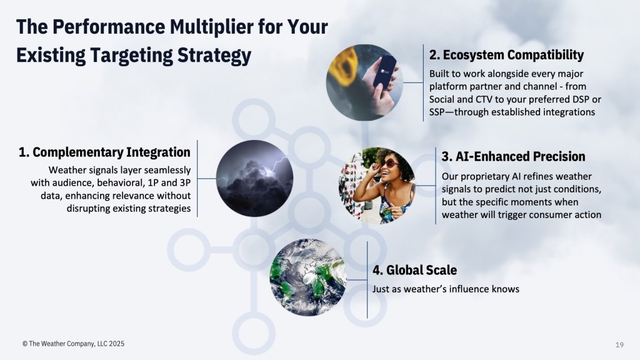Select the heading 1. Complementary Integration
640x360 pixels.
pos(104,152)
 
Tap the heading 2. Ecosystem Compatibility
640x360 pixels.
pos(506,55)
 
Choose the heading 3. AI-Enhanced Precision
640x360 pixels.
pos(514,156)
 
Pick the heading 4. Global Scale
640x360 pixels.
pos(414,270)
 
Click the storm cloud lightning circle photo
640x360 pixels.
pos(254,178)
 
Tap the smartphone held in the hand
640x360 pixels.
pos(385,71)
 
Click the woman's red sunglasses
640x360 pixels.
pos(389,164)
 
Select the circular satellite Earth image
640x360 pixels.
pos(309,277)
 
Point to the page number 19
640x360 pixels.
pos(619,345)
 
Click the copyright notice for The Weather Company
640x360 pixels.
pos(74,344)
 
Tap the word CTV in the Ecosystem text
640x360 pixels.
pos(484,99)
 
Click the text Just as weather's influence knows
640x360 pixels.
pos(446,289)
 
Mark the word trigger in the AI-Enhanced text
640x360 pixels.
pos(511,215)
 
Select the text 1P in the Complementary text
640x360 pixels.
pos(153,183)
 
